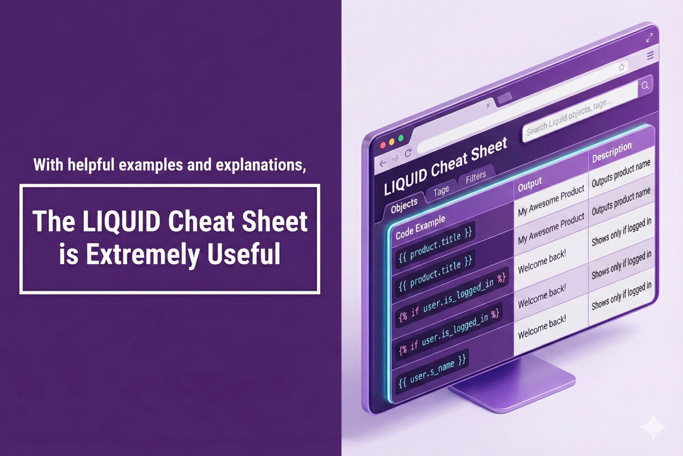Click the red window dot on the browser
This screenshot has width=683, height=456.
pyautogui.click(x=383, y=145)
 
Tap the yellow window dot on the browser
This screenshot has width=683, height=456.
pyautogui.click(x=392, y=141)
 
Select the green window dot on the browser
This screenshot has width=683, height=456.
pyautogui.click(x=401, y=138)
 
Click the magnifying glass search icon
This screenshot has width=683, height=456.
pyautogui.click(x=645, y=85)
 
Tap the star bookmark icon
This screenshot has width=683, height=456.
pyautogui.click(x=621, y=67)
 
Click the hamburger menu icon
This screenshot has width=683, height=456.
pyautogui.click(x=650, y=55)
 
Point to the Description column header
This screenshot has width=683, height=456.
pyautogui.click(x=612, y=153)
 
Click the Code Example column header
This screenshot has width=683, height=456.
pyautogui.click(x=420, y=227)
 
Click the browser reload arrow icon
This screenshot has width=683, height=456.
pyautogui.click(x=408, y=153)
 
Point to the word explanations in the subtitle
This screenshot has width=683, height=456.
pyautogui.click(x=261, y=165)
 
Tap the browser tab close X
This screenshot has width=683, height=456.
pyautogui.click(x=488, y=105)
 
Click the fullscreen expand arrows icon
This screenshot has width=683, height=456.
pyautogui.click(x=649, y=38)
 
